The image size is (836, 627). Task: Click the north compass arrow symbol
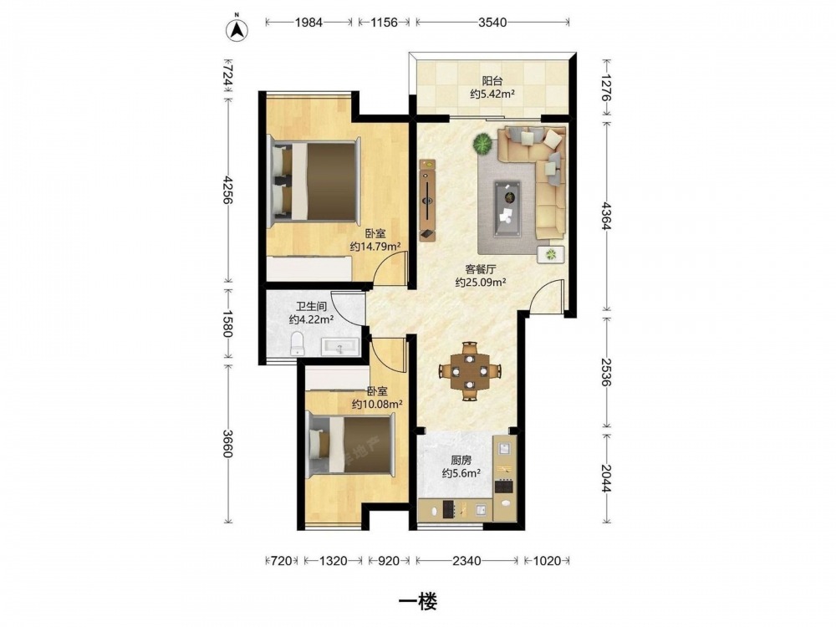coord(237,30)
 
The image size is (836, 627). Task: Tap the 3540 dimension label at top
coord(492,23)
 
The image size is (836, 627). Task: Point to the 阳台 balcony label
coord(492,81)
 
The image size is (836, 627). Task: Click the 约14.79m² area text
coord(375,247)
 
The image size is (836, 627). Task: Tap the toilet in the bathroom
coord(297,344)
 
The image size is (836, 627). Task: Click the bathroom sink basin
coord(340,347)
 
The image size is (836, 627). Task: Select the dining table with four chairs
coord(470,371)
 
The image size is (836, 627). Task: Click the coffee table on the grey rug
coord(507,208)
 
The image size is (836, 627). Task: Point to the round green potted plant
coord(482,144)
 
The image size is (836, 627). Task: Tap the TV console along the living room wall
coord(427,200)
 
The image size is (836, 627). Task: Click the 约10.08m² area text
coord(377,404)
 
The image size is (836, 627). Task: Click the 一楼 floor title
coord(418,601)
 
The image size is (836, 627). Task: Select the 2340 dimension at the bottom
coord(466,560)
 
